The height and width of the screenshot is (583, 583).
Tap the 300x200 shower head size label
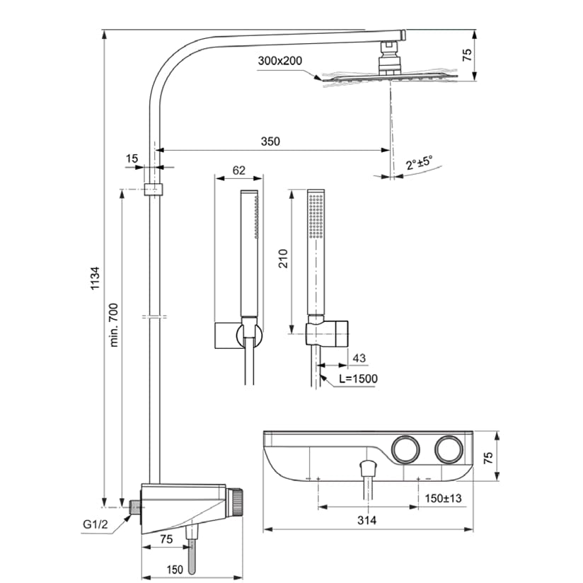pyautogui.click(x=281, y=62)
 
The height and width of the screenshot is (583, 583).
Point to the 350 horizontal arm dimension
pyautogui.click(x=270, y=141)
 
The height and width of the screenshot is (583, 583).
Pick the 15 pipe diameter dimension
pyautogui.click(x=132, y=159)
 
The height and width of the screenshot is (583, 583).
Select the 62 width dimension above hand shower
pyautogui.click(x=238, y=170)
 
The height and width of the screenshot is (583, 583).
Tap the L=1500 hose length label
pyautogui.click(x=358, y=379)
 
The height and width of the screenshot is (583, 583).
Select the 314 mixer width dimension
pyautogui.click(x=366, y=520)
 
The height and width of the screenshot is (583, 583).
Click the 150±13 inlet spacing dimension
pyautogui.click(x=443, y=499)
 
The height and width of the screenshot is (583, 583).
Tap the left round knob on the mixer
pyautogui.click(x=405, y=449)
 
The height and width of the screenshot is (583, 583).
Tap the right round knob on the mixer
pyautogui.click(x=449, y=449)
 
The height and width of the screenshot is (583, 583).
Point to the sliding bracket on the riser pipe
pyautogui.click(x=153, y=190)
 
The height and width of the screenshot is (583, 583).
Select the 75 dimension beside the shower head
pyautogui.click(x=468, y=55)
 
